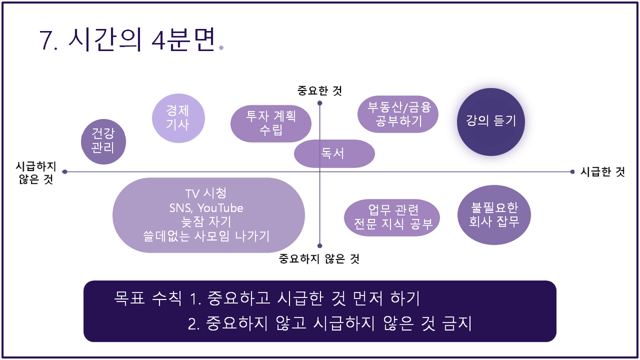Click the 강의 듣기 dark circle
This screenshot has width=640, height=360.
click(491, 122)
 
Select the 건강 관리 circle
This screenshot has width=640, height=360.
click(104, 142)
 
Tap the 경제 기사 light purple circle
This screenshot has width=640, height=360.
click(178, 118)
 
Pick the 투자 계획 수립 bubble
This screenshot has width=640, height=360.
click(271, 124)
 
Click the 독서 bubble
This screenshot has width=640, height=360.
click(334, 154)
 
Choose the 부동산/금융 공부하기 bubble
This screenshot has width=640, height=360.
click(398, 114)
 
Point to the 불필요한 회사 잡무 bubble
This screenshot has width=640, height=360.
click(494, 215)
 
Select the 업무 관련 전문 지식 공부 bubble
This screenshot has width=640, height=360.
click(392, 218)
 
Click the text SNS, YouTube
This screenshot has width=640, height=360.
click(206, 208)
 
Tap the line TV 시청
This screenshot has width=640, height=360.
click(206, 194)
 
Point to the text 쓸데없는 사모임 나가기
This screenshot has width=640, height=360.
click(206, 236)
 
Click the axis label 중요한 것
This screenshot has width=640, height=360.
click(319, 91)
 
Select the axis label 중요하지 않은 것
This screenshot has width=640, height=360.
click(319, 259)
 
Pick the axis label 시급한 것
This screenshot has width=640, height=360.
click(603, 172)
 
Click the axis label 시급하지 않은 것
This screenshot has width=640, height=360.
click(36, 173)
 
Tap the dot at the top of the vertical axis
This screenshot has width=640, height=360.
click(319, 103)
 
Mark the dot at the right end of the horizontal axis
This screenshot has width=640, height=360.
click(572, 172)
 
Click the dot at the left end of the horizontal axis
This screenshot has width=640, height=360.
click(65, 172)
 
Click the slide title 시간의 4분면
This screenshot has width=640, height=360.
click(142, 39)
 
